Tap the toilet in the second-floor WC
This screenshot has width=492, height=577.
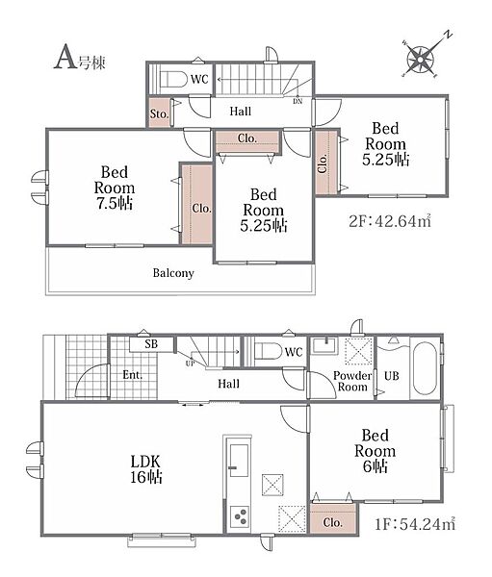(x=174, y=79)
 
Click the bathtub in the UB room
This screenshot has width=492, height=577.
(x=425, y=367)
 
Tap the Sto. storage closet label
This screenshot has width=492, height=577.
(x=159, y=113)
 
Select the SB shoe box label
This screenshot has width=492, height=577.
(x=151, y=344)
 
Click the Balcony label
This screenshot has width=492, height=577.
(x=173, y=273)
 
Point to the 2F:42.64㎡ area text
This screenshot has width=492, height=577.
(x=390, y=221)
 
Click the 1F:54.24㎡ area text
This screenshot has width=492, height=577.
(x=415, y=524)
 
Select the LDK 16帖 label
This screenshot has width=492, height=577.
(x=146, y=469)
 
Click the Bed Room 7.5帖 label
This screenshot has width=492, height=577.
(x=115, y=188)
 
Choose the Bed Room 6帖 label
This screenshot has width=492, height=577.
(x=375, y=451)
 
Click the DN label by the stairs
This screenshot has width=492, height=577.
(x=298, y=101)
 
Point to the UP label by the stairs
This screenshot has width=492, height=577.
(x=191, y=364)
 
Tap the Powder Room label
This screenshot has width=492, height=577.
(x=352, y=381)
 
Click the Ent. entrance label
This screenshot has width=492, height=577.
(x=132, y=375)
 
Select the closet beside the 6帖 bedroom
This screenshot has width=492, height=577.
(x=333, y=519)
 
